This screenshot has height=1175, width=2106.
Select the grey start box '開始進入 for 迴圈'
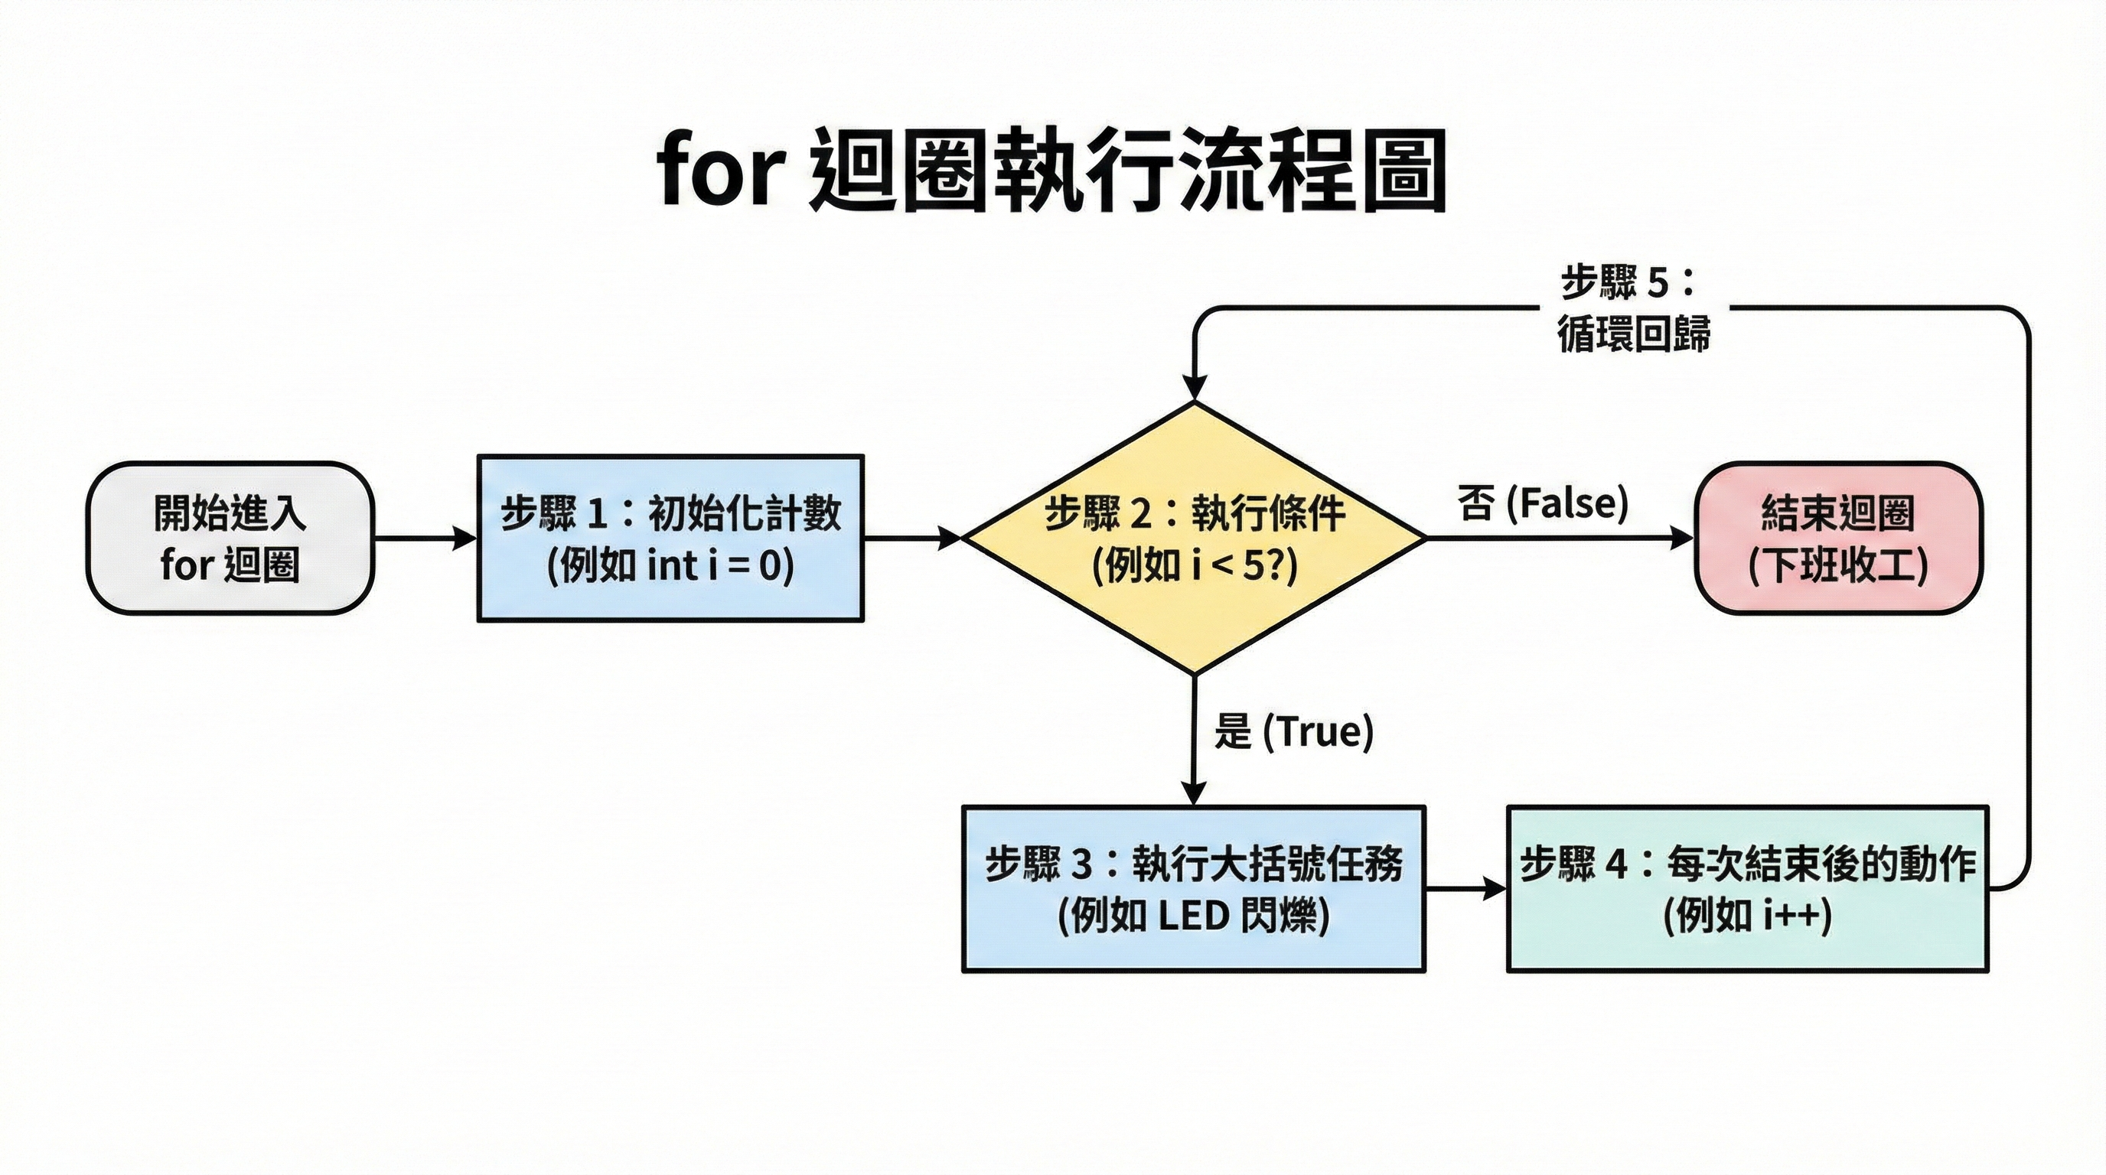pos(230,538)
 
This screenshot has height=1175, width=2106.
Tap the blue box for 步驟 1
pos(670,538)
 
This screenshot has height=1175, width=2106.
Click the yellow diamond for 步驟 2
pos(1194,538)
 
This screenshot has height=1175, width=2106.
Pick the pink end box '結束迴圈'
pos(1838,538)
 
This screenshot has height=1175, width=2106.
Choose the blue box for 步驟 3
pos(1194,888)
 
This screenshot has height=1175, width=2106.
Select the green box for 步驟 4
pos(1747,888)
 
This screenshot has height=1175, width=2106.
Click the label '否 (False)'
pos(1542,503)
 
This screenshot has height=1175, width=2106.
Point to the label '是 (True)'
pos(1293,731)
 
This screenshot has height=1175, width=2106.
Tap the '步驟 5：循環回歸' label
pos(1632,309)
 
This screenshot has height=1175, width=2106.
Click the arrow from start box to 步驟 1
pos(425,539)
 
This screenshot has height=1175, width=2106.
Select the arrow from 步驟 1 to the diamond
pos(911,539)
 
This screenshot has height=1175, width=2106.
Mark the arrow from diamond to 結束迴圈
pos(1558,539)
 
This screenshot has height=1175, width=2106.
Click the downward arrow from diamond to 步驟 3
pos(1195,740)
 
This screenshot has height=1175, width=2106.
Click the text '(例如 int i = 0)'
pos(670,565)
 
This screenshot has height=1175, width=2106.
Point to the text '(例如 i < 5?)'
pos(1194,565)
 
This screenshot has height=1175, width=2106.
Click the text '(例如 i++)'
pos(1747,916)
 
